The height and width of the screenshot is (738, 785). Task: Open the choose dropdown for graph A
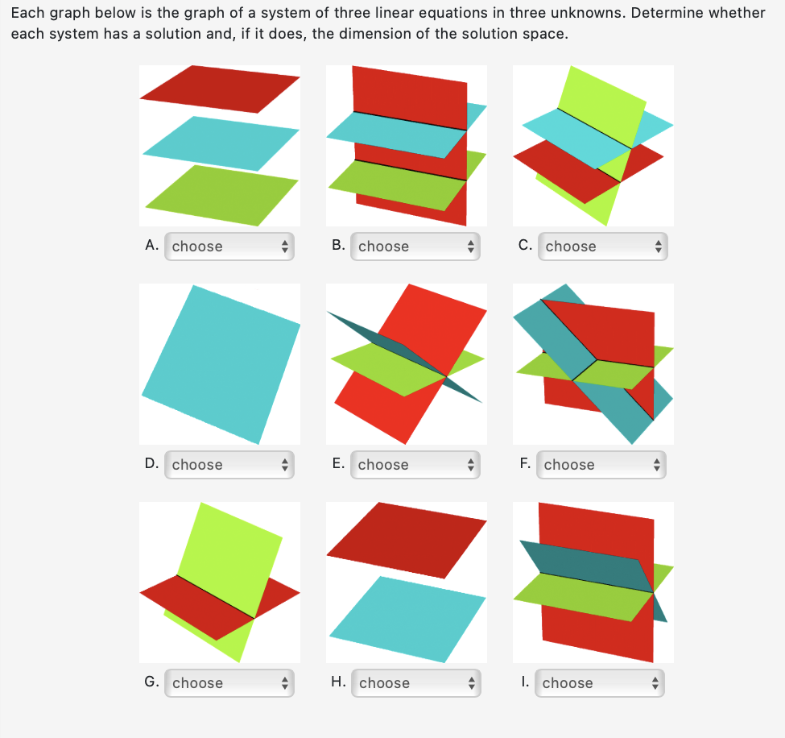(x=229, y=247)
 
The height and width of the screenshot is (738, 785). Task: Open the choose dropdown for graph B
(x=416, y=247)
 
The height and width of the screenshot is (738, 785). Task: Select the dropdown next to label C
(x=603, y=247)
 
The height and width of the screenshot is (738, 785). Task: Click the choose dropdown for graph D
(x=229, y=465)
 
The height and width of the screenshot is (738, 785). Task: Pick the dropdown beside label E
(x=416, y=465)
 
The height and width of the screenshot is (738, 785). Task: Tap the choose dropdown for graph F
(x=601, y=465)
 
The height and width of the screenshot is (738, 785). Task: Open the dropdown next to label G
(x=229, y=683)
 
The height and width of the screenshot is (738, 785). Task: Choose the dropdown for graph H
(x=416, y=683)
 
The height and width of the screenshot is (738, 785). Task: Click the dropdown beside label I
(x=600, y=683)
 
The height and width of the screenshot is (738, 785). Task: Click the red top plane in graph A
(x=220, y=89)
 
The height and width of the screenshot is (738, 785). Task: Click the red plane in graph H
(x=407, y=540)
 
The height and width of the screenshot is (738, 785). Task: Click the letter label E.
(x=338, y=464)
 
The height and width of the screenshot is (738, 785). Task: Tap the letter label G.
(x=151, y=682)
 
